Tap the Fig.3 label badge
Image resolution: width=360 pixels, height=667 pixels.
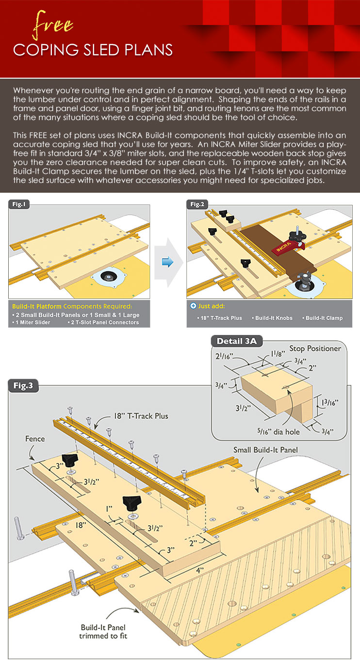pyautogui.click(x=23, y=386)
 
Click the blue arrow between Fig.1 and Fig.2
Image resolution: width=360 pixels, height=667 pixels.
pyautogui.click(x=167, y=263)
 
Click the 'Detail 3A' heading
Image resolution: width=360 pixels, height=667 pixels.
pyautogui.click(x=237, y=341)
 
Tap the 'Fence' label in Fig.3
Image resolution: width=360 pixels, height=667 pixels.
pyautogui.click(x=34, y=439)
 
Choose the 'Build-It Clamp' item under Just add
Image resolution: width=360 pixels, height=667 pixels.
pyautogui.click(x=324, y=318)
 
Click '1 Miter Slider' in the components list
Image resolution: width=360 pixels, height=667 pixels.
pyautogui.click(x=32, y=322)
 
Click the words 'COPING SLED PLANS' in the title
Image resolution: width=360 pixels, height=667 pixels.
pyautogui.click(x=93, y=50)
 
